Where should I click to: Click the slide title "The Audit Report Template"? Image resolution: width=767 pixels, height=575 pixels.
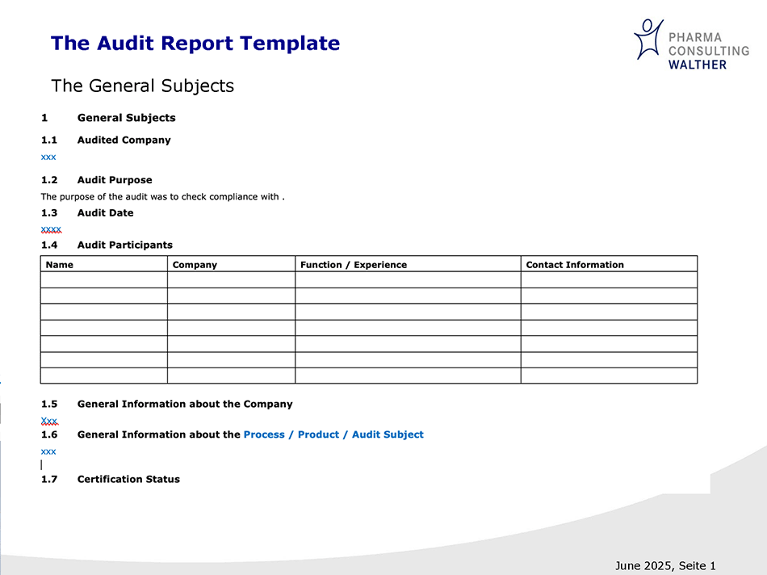click(x=195, y=44)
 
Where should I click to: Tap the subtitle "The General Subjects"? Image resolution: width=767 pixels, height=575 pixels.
click(x=142, y=86)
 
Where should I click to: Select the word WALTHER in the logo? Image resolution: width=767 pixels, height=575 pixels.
click(x=697, y=64)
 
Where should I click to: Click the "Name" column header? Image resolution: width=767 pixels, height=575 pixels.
click(x=60, y=265)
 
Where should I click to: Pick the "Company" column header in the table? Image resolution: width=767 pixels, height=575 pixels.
click(x=195, y=265)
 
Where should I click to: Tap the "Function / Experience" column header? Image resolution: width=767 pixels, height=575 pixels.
click(x=353, y=265)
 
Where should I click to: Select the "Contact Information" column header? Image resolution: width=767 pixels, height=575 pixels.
click(x=574, y=265)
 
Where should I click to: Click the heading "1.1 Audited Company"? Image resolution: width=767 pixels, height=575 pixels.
click(x=106, y=140)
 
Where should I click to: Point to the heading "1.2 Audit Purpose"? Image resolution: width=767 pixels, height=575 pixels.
click(x=96, y=180)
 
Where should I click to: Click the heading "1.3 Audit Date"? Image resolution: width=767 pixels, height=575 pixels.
click(x=87, y=213)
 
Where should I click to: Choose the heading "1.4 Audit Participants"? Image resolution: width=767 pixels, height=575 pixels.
click(x=107, y=245)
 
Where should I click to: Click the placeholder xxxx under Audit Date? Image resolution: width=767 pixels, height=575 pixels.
click(x=51, y=229)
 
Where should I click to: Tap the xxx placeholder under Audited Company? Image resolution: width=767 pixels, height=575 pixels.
click(x=48, y=157)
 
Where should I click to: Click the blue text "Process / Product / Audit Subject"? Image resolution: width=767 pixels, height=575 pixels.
click(x=333, y=434)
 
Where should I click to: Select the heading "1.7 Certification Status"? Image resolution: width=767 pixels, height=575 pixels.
click(x=110, y=479)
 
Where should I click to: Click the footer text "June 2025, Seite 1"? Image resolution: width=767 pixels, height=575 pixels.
click(x=664, y=565)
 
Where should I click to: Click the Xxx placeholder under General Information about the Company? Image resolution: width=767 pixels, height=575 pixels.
click(x=49, y=421)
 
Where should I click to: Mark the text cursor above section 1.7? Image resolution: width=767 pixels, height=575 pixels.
click(x=41, y=465)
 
